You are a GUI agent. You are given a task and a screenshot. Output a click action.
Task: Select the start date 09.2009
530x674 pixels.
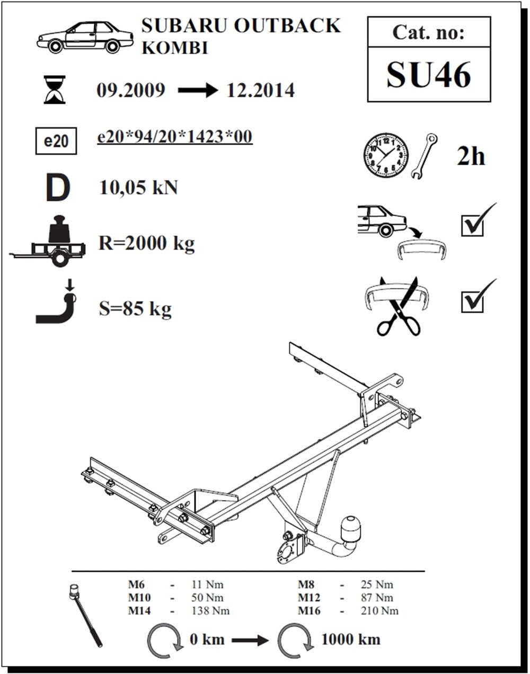tap(131, 91)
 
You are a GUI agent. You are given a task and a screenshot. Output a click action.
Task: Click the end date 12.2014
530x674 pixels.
tap(260, 91)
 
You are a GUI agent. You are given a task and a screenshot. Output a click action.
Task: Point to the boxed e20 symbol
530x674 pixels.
tap(55, 141)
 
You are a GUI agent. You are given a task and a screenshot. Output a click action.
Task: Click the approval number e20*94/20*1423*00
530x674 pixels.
tap(174, 137)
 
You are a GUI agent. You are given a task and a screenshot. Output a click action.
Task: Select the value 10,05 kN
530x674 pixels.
tap(138, 188)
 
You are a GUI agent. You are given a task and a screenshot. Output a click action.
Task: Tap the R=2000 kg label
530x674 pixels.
tap(147, 243)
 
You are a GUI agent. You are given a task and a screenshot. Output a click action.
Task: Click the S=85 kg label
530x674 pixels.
tap(135, 308)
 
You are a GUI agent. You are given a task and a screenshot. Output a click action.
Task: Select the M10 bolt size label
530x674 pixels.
tap(139, 598)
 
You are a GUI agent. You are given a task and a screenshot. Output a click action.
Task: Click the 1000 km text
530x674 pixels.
tap(350, 639)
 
